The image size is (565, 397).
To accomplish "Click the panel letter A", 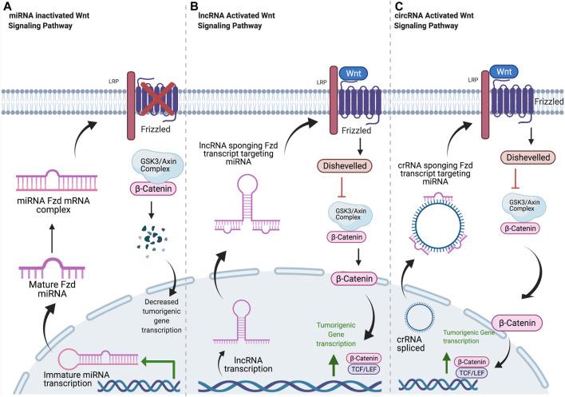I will [x=6, y=7].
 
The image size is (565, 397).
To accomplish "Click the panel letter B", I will [x=193, y=7].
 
